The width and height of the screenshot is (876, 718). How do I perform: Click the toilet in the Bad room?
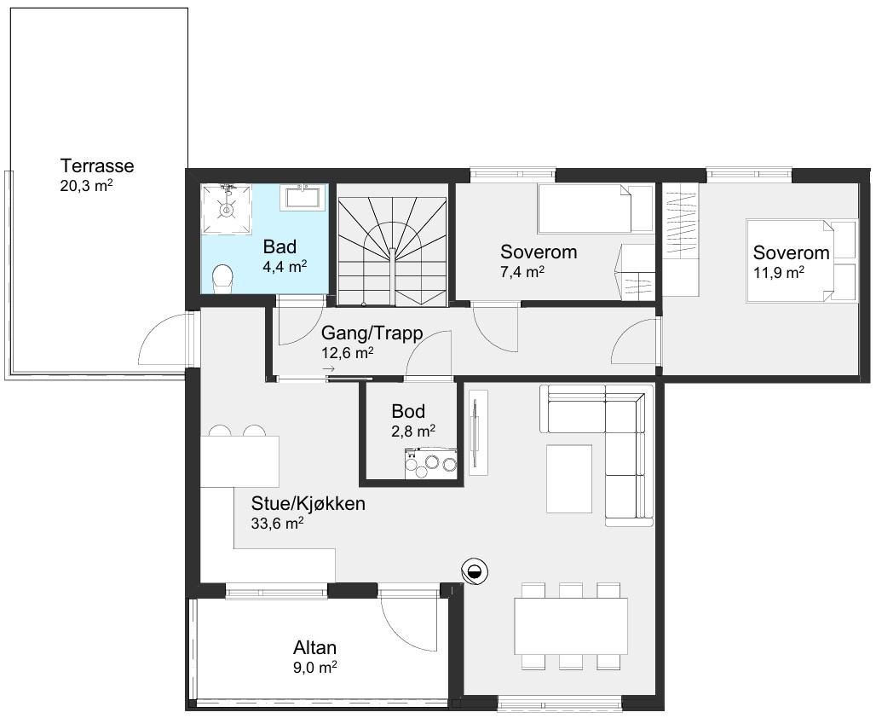pyautogui.click(x=223, y=279)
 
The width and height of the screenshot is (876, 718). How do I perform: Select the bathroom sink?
pyautogui.click(x=303, y=198)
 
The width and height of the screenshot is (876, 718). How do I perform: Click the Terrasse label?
pyautogui.click(x=97, y=166)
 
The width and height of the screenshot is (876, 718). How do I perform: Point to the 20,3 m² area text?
pyautogui.click(x=87, y=186)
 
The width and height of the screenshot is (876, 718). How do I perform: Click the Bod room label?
pyautogui.click(x=408, y=411)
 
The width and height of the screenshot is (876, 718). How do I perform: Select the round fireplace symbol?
pyautogui.click(x=475, y=571)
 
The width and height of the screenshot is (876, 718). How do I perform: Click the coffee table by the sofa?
pyautogui.click(x=569, y=478)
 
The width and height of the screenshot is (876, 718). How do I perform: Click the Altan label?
pyautogui.click(x=315, y=647)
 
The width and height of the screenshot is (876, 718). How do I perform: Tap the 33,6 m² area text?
pyautogui.click(x=278, y=524)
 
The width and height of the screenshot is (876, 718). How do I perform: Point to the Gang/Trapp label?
pyautogui.click(x=372, y=333)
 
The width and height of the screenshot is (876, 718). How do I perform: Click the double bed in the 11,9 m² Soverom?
pyautogui.click(x=801, y=261)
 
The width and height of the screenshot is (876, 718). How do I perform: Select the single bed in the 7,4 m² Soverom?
pyautogui.click(x=595, y=209)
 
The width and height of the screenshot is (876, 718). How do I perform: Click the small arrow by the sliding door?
pyautogui.click(x=329, y=369)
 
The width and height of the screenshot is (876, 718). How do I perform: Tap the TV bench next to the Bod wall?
pyautogui.click(x=478, y=432)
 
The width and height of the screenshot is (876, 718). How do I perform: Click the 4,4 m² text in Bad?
pyautogui.click(x=285, y=266)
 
